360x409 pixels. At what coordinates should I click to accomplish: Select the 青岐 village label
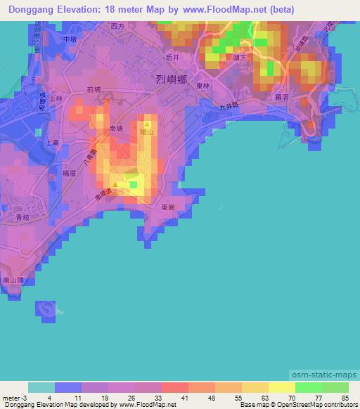click(x=25, y=219)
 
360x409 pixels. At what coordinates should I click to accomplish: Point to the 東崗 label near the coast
click(x=167, y=207)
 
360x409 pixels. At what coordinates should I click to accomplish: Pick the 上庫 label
click(x=51, y=142)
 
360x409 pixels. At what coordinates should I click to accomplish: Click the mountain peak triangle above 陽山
click(x=147, y=123)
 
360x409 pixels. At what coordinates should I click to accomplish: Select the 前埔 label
click(x=95, y=90)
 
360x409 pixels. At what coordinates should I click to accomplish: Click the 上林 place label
click(x=56, y=99)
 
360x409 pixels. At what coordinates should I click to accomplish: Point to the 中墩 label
click(x=69, y=40)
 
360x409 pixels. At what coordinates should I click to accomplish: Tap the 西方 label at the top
click(x=117, y=26)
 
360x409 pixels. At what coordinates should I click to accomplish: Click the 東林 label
click(x=205, y=84)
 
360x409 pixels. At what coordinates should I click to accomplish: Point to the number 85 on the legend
click(x=345, y=397)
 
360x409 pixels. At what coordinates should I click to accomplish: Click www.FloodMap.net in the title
click(x=218, y=10)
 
